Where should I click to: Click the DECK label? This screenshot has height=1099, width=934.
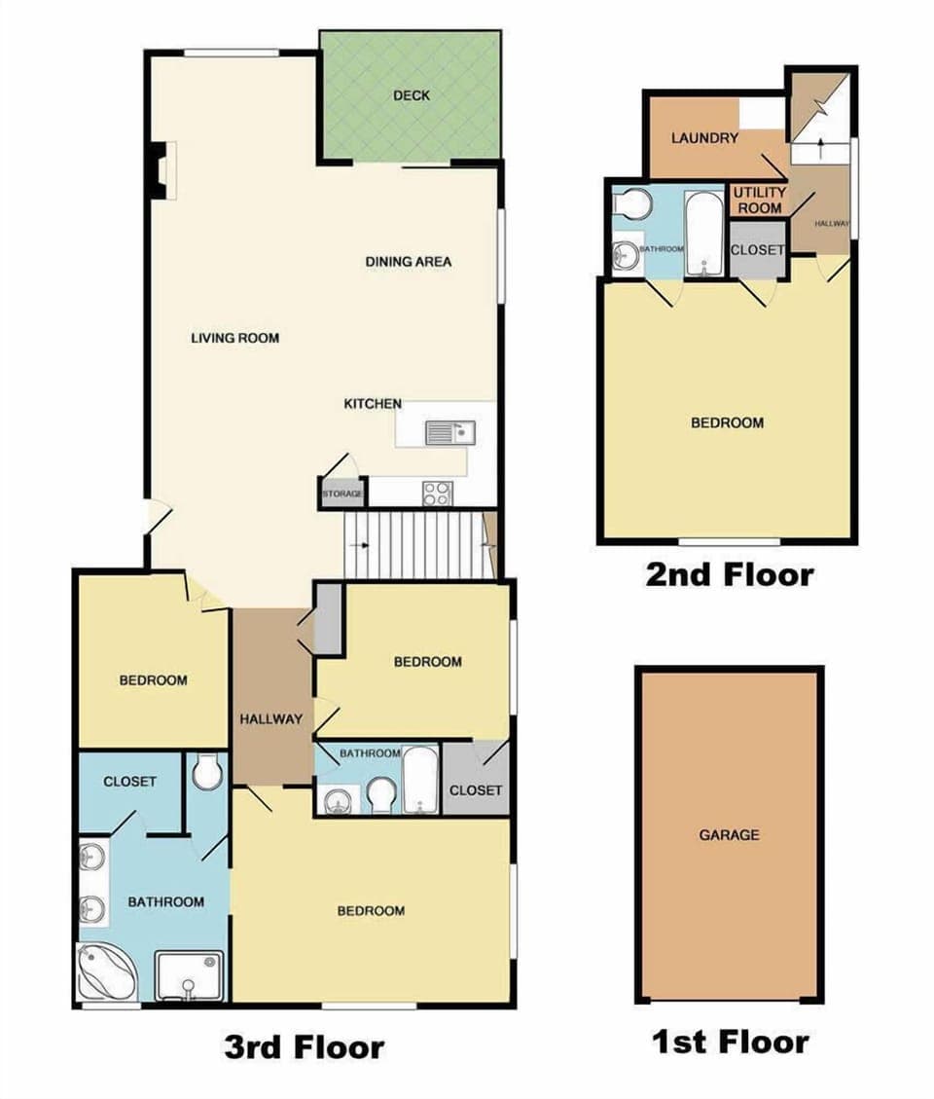click(411, 95)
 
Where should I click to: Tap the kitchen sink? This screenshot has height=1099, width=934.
click(449, 431)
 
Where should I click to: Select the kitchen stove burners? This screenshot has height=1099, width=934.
click(437, 494)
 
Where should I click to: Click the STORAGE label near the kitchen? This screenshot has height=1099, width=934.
click(342, 495)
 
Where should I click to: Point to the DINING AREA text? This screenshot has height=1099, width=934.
click(409, 262)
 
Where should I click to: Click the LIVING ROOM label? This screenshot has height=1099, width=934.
click(234, 338)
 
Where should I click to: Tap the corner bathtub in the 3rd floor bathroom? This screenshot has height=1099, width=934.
click(106, 973)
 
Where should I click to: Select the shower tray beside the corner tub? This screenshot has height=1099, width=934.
click(189, 975)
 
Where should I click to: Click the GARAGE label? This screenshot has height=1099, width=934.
click(729, 835)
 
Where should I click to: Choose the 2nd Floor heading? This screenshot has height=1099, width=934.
click(729, 574)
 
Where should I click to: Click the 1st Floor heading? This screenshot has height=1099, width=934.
click(730, 1043)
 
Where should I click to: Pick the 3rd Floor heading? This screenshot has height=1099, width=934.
click(304, 1047)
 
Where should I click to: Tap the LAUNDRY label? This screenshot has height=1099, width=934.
click(704, 138)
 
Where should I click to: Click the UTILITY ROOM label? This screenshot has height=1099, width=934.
click(759, 200)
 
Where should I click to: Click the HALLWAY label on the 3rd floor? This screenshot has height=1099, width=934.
click(271, 719)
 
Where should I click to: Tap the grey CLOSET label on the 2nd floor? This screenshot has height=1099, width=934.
click(757, 249)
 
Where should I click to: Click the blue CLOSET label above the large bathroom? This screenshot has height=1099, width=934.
click(129, 781)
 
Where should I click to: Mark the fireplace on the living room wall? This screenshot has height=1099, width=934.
click(161, 169)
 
